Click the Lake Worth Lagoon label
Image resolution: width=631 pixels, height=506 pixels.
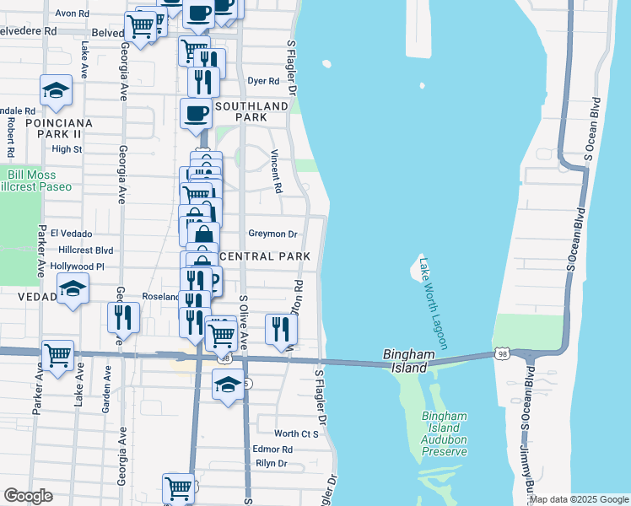(434, 304)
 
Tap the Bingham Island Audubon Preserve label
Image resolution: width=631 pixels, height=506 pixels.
(445, 434)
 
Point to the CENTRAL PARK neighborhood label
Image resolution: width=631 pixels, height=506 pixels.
(265, 256)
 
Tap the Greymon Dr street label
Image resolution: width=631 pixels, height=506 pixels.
(272, 234)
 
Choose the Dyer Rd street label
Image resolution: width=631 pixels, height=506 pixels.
(262, 82)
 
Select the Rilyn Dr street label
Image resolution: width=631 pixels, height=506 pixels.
(271, 464)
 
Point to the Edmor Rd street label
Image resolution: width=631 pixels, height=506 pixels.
(272, 449)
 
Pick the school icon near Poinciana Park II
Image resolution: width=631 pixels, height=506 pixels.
(56, 91)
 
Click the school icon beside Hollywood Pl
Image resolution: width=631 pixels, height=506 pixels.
(73, 289)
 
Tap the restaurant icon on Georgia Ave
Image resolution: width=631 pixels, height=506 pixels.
(123, 317)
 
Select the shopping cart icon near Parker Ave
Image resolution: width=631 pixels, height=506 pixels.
(57, 355)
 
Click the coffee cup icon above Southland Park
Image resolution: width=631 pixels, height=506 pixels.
(196, 113)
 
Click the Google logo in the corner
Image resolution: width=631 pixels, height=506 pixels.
(29, 496)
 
